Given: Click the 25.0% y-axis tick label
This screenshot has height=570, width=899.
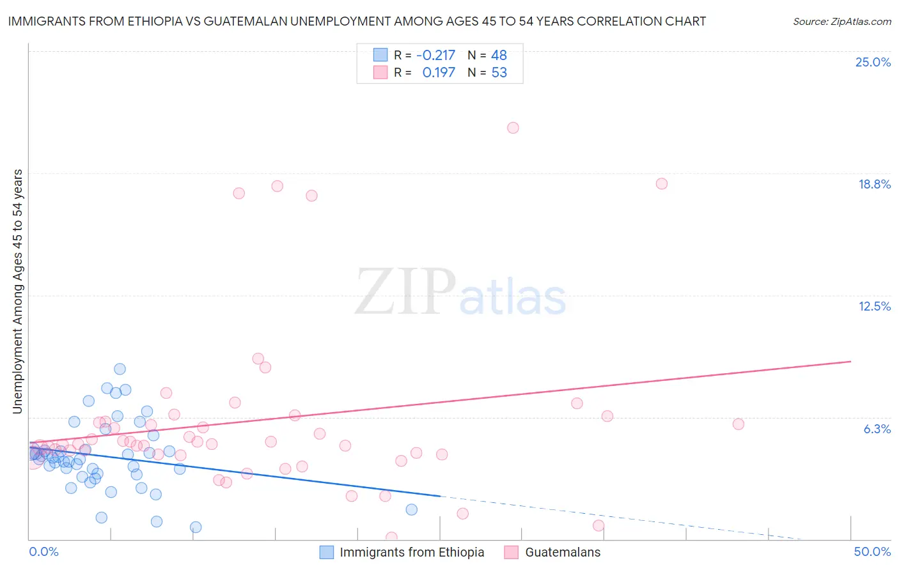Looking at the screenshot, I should [x=873, y=62].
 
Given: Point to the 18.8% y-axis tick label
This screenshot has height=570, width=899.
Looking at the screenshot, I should [x=874, y=184].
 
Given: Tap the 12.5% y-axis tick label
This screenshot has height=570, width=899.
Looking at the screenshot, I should [x=874, y=306].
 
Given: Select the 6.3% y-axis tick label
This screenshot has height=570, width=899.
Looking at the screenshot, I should [x=877, y=429].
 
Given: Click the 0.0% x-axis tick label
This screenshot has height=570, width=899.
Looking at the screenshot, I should [x=43, y=551].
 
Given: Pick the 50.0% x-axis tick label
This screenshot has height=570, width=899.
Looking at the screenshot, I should [x=872, y=551].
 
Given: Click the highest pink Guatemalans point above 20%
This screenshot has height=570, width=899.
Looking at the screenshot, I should [x=513, y=128].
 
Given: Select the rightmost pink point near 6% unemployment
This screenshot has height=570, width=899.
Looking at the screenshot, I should [x=739, y=424].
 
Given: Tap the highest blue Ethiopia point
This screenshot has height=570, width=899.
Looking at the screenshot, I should [x=120, y=369].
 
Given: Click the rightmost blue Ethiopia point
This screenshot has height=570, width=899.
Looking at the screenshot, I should [x=412, y=509].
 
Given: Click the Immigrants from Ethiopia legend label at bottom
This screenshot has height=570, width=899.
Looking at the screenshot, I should [x=412, y=552].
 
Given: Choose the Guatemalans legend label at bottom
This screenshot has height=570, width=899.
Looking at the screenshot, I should [x=563, y=552].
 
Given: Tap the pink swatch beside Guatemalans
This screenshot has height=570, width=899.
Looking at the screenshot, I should [x=511, y=552].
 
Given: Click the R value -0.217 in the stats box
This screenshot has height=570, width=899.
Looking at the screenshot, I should [x=435, y=55].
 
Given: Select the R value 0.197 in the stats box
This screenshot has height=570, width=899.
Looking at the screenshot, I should [x=439, y=73].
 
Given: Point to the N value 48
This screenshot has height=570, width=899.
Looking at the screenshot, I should [x=499, y=55].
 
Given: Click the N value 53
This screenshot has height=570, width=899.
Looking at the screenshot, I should [x=499, y=73].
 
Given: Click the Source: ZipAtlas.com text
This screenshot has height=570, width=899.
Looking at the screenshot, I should [x=841, y=21].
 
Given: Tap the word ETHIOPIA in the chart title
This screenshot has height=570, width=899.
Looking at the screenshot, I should [x=159, y=21].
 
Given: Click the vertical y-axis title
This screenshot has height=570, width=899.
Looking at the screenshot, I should [x=17, y=291].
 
